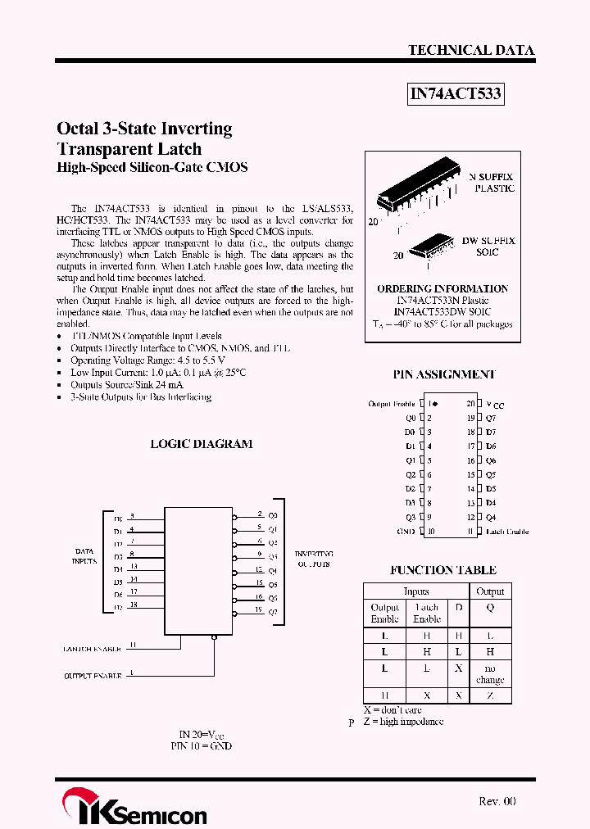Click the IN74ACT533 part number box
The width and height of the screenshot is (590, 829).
(x=455, y=94)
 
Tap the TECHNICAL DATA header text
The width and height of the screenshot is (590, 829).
(x=471, y=50)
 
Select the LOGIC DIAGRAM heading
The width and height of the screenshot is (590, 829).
(x=201, y=444)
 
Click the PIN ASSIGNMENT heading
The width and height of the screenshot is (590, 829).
(x=443, y=374)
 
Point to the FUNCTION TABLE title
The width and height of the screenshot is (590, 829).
(x=442, y=570)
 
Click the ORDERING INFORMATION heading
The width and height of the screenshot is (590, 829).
(x=442, y=289)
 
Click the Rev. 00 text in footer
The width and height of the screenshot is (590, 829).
(x=497, y=801)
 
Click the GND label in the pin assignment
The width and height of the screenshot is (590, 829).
(x=406, y=532)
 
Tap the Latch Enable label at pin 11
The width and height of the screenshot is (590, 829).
(x=506, y=532)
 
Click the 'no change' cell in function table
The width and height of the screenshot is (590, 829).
(x=490, y=674)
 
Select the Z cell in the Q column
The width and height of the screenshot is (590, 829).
(x=490, y=695)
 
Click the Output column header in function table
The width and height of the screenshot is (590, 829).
(x=490, y=591)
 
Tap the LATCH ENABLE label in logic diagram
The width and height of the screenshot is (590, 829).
(x=93, y=649)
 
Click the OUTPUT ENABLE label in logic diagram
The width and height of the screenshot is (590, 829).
(x=93, y=676)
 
